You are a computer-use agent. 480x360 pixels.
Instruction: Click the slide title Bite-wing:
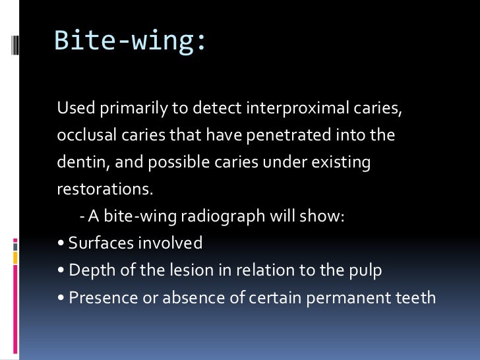click(129, 41)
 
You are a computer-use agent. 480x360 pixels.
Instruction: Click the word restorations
click(104, 189)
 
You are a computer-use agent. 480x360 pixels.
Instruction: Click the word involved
click(170, 243)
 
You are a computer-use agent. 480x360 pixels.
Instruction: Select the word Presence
click(98, 297)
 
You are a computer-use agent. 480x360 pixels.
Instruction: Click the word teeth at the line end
click(415, 297)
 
